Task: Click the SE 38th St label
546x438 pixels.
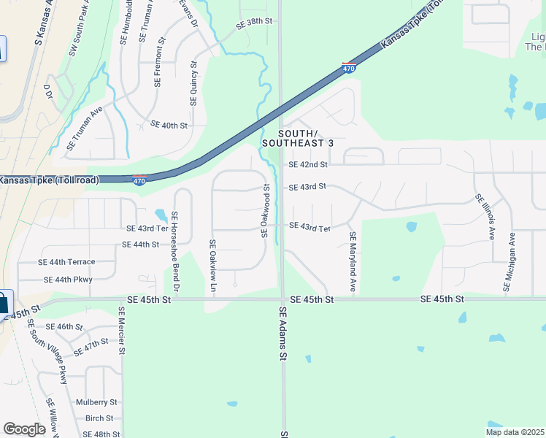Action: (254, 23)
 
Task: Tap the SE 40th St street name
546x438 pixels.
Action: (169, 126)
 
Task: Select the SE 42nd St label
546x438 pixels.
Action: (308, 165)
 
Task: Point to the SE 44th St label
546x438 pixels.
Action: (141, 245)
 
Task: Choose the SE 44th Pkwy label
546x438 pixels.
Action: (68, 280)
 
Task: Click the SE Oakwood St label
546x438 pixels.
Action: (266, 210)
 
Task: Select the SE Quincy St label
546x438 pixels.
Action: (193, 82)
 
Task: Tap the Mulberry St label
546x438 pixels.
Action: (96, 402)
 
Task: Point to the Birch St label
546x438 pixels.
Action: (99, 419)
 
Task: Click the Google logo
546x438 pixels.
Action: (24, 429)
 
